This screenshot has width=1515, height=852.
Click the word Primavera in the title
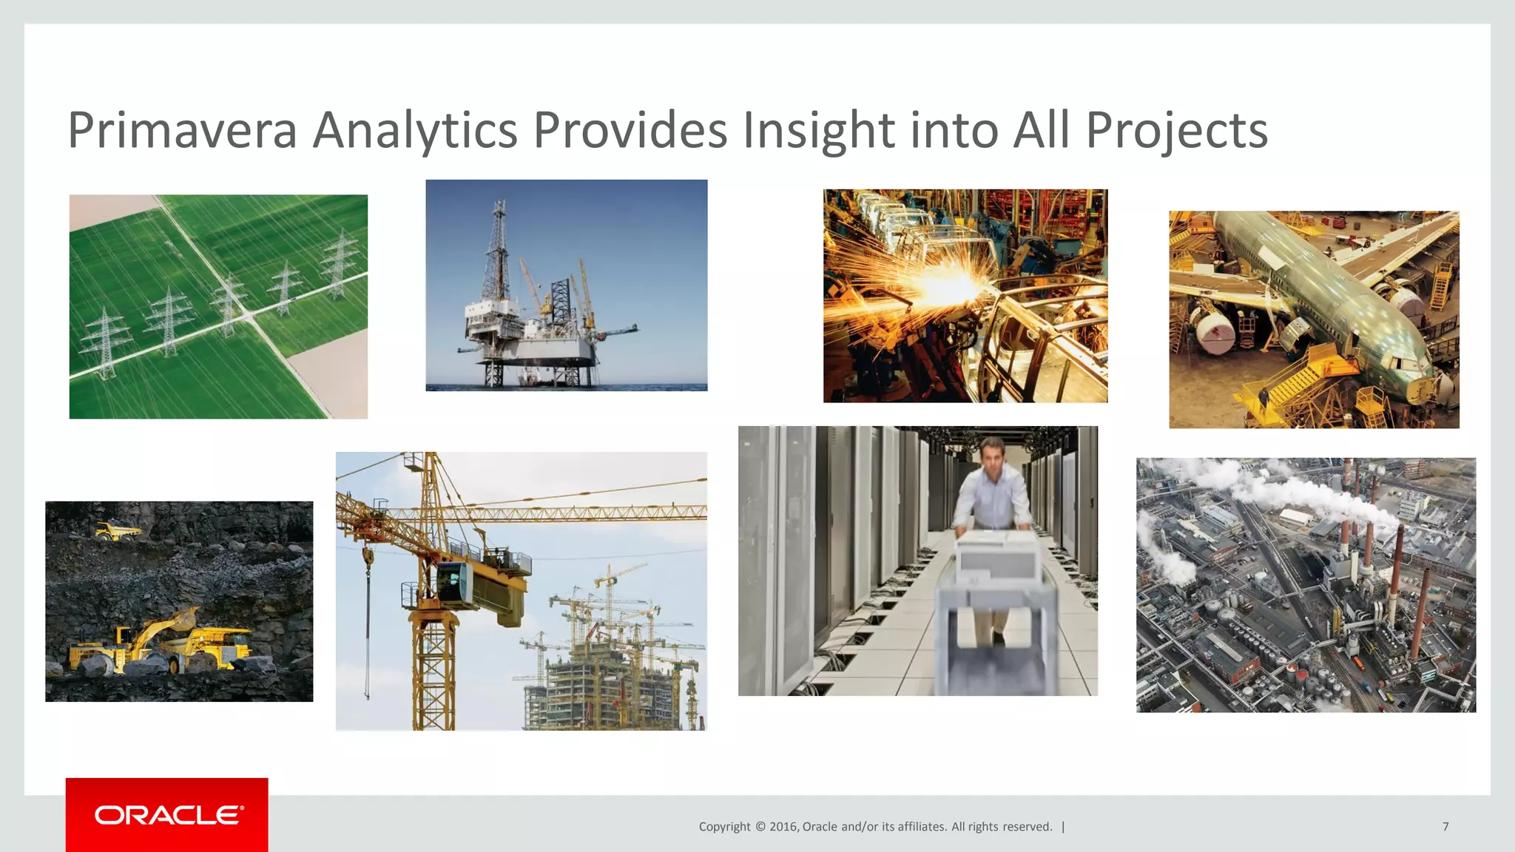coord(182,130)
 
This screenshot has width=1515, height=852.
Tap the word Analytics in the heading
coord(414,130)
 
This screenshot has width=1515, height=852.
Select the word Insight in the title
coord(819,130)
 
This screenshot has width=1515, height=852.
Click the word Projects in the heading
coord(1176,130)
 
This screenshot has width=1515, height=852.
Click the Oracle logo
coord(167,815)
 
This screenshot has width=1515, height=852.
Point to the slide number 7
coord(1445,827)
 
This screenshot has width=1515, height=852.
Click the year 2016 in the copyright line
coord(783,827)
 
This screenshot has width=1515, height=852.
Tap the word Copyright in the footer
coord(724,827)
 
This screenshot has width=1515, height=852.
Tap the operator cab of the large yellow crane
coord(453,581)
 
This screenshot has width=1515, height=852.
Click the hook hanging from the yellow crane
coord(367,562)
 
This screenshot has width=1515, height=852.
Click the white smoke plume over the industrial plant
coord(1302,492)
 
